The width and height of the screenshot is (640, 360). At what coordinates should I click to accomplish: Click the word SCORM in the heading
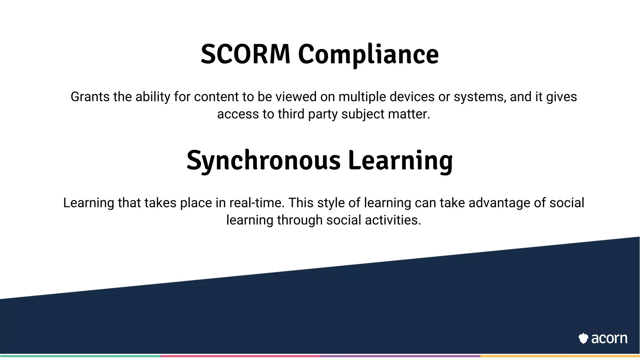pyautogui.click(x=246, y=54)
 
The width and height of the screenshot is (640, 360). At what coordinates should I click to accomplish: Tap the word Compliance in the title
pyautogui.click(x=368, y=55)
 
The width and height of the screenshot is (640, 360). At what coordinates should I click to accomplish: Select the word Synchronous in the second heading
pyautogui.click(x=263, y=161)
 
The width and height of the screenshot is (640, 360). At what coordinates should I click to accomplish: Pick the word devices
pyautogui.click(x=412, y=97)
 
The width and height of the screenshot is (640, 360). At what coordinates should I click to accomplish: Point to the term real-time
pyautogui.click(x=257, y=203)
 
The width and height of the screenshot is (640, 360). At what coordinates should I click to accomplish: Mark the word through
pyautogui.click(x=300, y=220)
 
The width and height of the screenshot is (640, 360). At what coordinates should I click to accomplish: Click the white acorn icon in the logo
pyautogui.click(x=583, y=338)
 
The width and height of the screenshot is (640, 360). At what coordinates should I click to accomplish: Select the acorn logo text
pyautogui.click(x=609, y=338)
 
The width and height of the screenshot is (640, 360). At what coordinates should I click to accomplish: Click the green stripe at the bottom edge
pyautogui.click(x=80, y=356)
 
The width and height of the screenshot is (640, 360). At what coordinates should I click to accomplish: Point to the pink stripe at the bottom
pyautogui.click(x=240, y=356)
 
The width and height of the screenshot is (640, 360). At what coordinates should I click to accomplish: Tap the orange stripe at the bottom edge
pyautogui.click(x=560, y=356)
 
